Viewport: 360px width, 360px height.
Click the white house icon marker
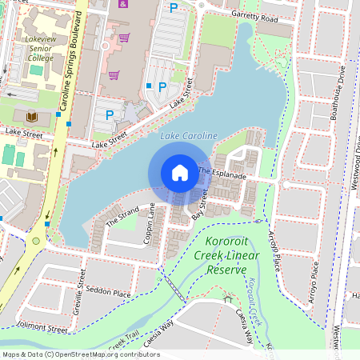(x=180, y=172)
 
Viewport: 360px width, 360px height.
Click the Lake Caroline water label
(x=188, y=137)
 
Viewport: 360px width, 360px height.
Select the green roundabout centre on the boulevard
(x=35, y=240)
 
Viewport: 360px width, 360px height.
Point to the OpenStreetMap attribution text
(x=80, y=354)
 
